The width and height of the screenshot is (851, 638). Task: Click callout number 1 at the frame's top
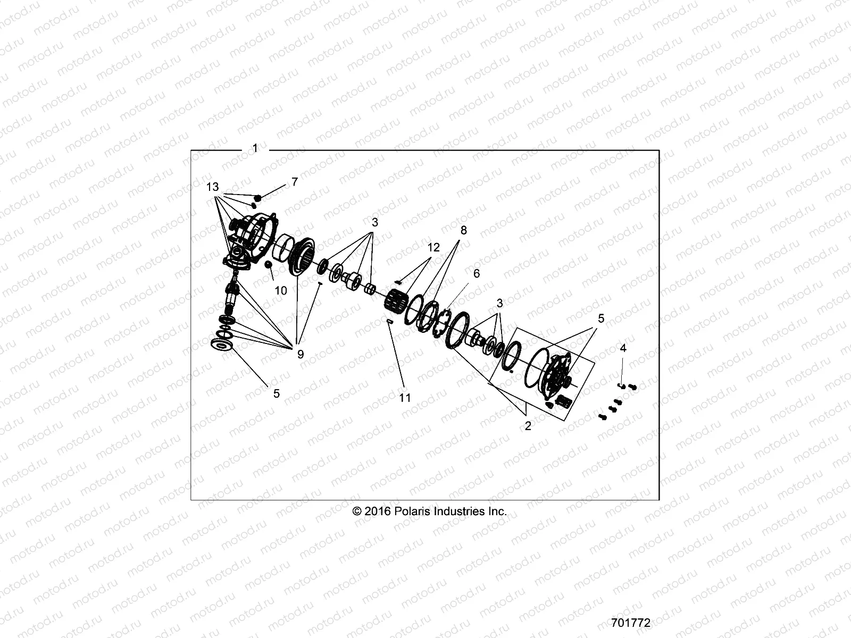[255, 148]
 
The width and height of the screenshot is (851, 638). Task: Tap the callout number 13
[213, 187]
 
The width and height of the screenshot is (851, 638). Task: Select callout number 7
[294, 182]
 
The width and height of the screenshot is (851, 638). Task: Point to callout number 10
[281, 290]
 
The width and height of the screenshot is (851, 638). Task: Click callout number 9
[301, 354]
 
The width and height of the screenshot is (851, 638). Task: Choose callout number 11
[405, 398]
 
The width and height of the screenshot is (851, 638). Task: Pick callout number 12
[433, 247]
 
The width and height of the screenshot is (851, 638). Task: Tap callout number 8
[464, 230]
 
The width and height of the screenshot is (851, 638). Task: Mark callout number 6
[476, 273]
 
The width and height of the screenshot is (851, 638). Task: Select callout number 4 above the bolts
[623, 348]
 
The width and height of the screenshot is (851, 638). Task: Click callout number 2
[528, 426]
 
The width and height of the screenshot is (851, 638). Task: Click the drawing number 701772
[631, 623]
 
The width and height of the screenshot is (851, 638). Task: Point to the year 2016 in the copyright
[378, 511]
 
